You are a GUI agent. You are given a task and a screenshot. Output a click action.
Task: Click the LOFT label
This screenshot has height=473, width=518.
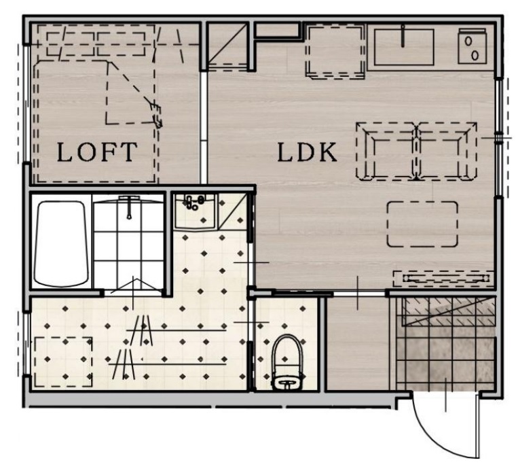click(97, 152)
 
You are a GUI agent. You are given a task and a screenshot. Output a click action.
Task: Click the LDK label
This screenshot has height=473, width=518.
click(308, 152)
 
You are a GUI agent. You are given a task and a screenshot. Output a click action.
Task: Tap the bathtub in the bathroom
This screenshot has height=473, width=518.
click(61, 243)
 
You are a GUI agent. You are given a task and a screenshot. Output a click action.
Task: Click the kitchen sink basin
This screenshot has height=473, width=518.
click(404, 48)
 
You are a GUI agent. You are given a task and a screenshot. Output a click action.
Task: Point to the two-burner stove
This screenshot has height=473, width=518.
click(472, 46)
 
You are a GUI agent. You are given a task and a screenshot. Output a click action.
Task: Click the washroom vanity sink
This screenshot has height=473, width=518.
click(196, 211)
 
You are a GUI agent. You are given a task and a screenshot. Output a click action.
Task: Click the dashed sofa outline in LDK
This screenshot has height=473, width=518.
click(416, 151)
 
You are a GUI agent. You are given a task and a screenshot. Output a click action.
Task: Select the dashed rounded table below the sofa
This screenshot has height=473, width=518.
click(422, 224)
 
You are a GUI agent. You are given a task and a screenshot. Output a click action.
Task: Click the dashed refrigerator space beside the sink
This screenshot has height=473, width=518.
click(335, 52)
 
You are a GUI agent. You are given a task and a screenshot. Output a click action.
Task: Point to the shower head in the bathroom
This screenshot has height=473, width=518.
click(129, 207)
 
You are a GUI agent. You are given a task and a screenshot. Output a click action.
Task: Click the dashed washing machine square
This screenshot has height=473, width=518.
click(63, 362)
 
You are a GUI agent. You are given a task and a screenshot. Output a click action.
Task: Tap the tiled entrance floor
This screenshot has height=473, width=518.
click(446, 344)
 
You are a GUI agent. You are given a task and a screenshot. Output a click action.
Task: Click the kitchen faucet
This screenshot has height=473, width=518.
click(403, 36)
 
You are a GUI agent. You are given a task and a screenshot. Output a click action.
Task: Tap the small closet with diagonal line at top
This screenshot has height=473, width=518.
click(227, 46)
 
